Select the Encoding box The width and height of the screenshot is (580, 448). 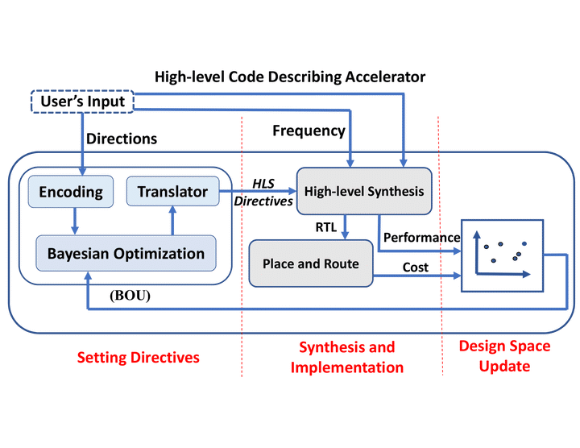coord(70,192)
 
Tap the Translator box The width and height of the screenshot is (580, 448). coord(172,192)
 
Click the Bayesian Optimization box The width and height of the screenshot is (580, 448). coord(126,254)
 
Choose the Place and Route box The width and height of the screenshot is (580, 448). coord(311,263)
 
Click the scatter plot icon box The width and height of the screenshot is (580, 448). coord(500,255)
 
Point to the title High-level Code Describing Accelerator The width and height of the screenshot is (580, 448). coord(290,77)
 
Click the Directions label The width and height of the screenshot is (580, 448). coord(121,139)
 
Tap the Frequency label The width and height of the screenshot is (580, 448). coord(309,131)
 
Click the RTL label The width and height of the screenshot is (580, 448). coord(325,226)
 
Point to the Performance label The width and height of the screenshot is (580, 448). coord(421,238)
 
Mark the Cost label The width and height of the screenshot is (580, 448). coord(416,267)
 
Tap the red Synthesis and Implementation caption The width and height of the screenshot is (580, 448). coord(346,357)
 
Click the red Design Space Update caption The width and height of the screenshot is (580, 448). coord(504,355)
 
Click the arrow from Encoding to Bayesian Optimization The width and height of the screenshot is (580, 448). coord(73,218)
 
